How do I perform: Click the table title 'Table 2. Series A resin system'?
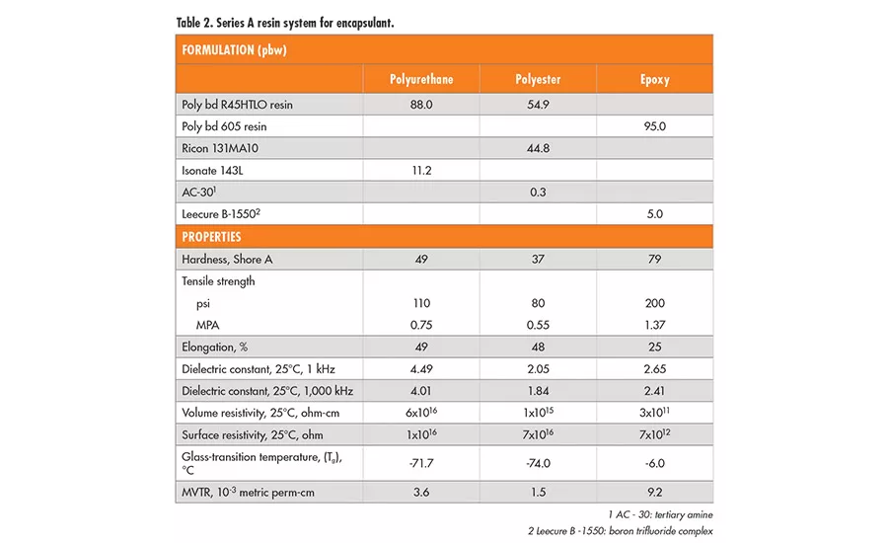(x=285, y=22)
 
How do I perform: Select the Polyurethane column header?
(x=421, y=79)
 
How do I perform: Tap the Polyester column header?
(x=538, y=79)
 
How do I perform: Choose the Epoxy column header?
(x=654, y=79)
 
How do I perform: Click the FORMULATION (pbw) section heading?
(x=232, y=49)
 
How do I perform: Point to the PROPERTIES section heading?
(x=212, y=237)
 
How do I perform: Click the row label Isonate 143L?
(x=212, y=171)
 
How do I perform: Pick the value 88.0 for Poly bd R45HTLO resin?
(x=421, y=105)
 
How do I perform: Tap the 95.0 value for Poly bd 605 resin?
(x=654, y=126)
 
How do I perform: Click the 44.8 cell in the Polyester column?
(x=538, y=148)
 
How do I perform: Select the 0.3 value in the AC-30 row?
(x=538, y=193)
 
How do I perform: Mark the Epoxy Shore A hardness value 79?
(x=654, y=259)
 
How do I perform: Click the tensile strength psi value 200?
(x=654, y=303)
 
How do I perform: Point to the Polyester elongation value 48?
(x=538, y=348)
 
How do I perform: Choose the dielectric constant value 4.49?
(x=421, y=369)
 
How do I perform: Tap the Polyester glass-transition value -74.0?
(x=538, y=461)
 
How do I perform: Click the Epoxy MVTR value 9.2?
(x=654, y=492)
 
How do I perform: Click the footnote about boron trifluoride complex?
(x=620, y=533)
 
